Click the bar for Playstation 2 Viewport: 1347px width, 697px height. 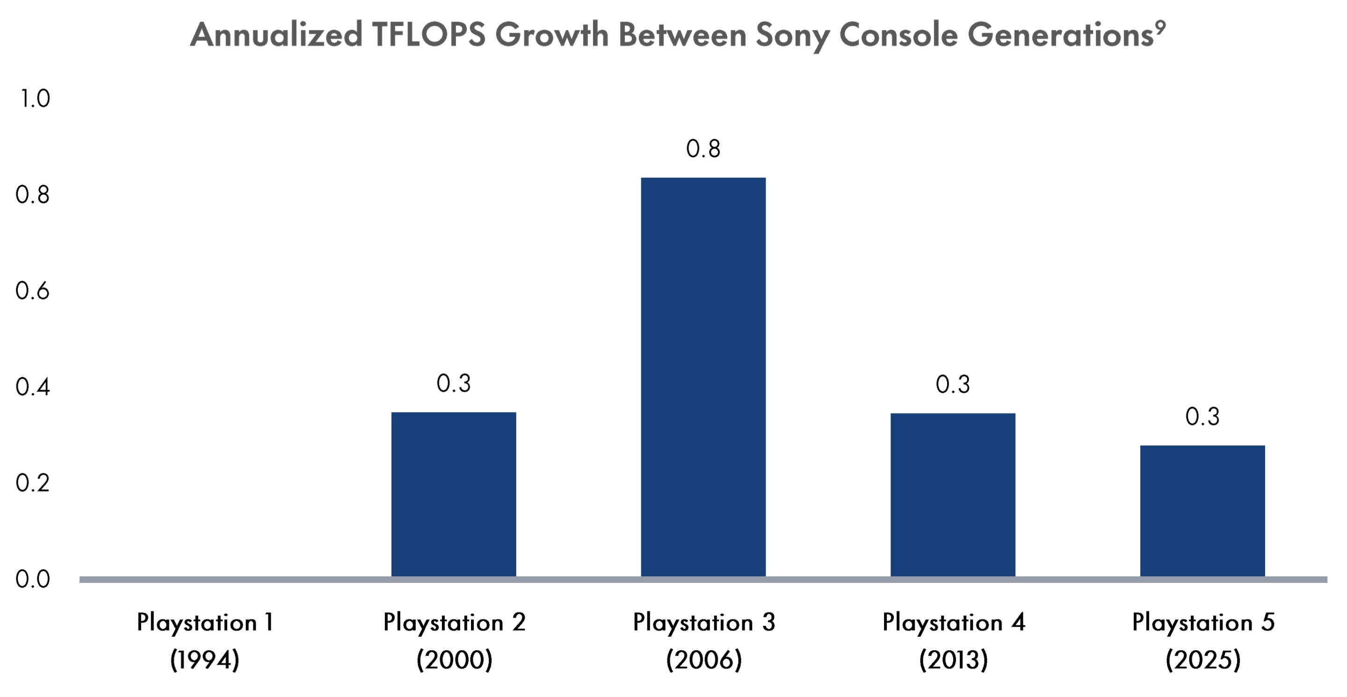[453, 494]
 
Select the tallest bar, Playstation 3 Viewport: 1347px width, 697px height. [703, 377]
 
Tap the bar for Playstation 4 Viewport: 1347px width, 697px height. [952, 494]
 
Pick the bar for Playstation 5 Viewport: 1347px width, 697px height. [1202, 511]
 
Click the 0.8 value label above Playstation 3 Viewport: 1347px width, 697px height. [703, 149]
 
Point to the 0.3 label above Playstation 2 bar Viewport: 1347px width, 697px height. [453, 384]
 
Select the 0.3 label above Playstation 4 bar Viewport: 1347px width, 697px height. [952, 385]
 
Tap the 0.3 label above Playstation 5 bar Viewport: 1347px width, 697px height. [1202, 417]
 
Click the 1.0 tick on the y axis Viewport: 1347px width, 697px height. [35, 99]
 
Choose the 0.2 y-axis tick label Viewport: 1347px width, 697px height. [32, 483]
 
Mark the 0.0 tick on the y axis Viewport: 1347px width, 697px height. [32, 579]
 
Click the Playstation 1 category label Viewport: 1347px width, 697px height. [204, 623]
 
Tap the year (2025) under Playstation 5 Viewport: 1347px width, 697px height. [1202, 660]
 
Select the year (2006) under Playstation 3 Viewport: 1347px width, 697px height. [703, 660]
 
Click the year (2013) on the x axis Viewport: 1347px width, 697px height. [953, 660]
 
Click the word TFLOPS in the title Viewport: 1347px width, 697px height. [428, 35]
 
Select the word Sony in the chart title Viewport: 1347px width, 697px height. [792, 35]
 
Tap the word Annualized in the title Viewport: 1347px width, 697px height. [276, 35]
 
